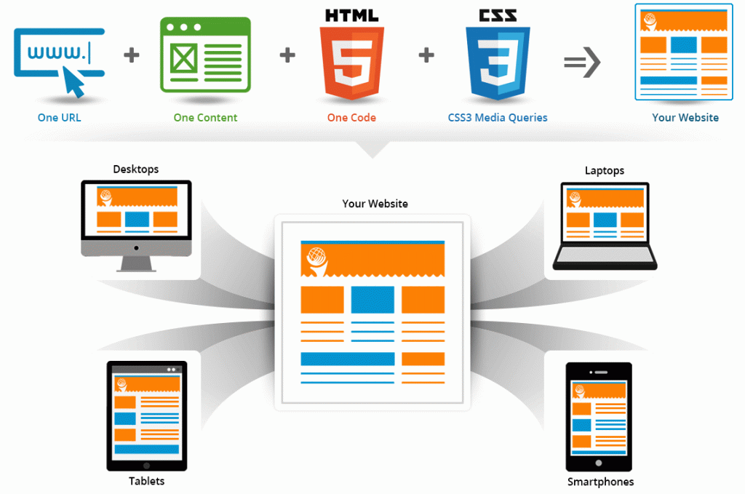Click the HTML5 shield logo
pos(351,63)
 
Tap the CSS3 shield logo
pos(498,63)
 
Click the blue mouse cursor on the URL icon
pos(74,81)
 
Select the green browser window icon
pos(205,55)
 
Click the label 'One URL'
pos(60,118)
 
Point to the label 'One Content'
pos(205,118)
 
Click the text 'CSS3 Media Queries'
pos(498,118)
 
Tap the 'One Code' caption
pos(351,118)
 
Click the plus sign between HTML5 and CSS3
pos(426,55)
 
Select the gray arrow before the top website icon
pos(582,62)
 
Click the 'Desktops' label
pos(136,169)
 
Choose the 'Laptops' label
pos(605,170)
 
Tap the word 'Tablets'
pos(146,481)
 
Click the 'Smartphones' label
pos(600,482)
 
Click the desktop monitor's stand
pos(136,264)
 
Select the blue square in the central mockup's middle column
pos(372,300)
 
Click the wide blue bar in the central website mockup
pos(348,359)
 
